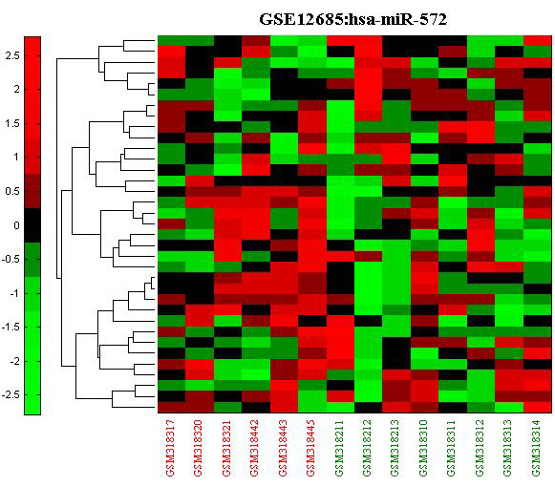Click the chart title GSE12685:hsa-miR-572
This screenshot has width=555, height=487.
coord(352,19)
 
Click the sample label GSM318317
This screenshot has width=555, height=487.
coord(170,448)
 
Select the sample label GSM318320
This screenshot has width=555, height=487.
coord(199,448)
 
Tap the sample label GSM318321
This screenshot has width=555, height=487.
coord(226,448)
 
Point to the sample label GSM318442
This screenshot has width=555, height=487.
coord(254,448)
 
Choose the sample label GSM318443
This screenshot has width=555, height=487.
coord(283,448)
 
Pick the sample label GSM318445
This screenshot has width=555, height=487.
coord(310,448)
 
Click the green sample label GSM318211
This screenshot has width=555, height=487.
coord(339,448)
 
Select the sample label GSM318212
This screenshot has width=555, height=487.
coord(367,448)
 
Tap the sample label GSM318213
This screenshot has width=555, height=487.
coord(395,448)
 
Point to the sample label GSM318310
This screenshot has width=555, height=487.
coord(423,448)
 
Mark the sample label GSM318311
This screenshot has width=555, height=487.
coord(452,448)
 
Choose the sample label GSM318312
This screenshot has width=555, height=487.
coord(480,448)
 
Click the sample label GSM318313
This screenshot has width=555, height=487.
coord(508,448)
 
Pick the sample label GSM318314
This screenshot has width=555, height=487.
coord(536,448)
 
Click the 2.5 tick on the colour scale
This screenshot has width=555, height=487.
coord(12,55)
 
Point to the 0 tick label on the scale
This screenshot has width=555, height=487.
coord(16,225)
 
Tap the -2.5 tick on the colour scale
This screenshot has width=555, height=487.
coord(11,395)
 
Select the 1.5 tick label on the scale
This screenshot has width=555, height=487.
coord(12,123)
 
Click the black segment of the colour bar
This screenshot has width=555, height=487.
coord(32,225)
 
